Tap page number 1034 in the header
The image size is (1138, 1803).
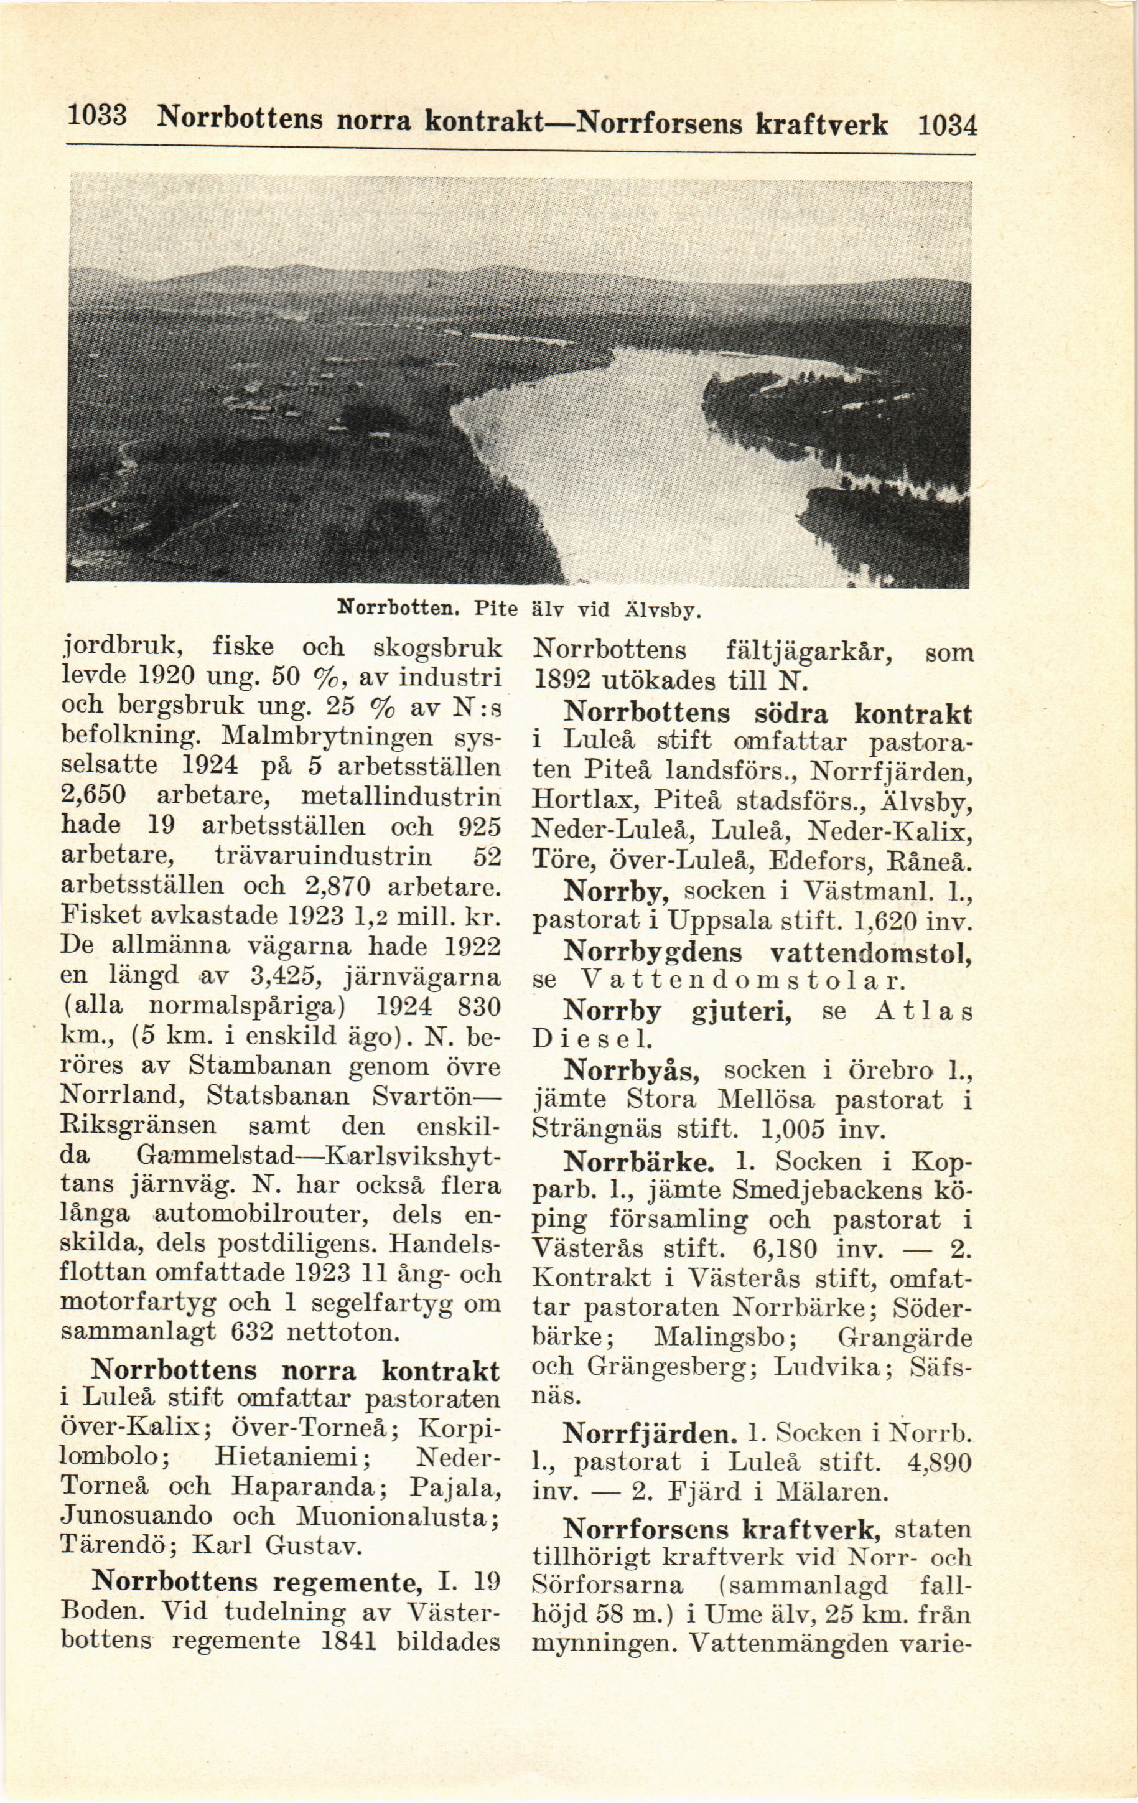946,124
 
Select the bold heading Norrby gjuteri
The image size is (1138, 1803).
678,1011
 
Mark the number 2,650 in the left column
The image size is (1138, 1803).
92,796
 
